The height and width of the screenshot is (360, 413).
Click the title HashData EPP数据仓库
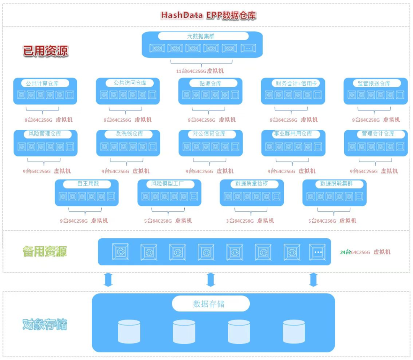(208, 15)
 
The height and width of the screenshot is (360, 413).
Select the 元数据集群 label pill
(203, 36)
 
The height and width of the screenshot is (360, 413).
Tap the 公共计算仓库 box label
(42, 83)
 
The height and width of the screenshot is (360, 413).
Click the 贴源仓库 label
(210, 83)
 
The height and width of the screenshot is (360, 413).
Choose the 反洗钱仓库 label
(129, 134)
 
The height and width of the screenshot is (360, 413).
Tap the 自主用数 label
(88, 184)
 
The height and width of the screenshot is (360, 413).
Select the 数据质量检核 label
(251, 184)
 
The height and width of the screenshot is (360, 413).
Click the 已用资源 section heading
(46, 51)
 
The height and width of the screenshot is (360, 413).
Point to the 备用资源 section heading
(45, 252)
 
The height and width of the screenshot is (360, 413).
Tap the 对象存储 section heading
(45, 325)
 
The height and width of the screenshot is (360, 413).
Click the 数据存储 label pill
(209, 304)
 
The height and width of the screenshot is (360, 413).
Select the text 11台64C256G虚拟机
(200, 71)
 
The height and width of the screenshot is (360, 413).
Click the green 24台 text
(345, 252)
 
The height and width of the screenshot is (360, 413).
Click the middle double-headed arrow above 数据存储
(210, 279)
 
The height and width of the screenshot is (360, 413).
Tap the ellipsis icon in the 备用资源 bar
(317, 252)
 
